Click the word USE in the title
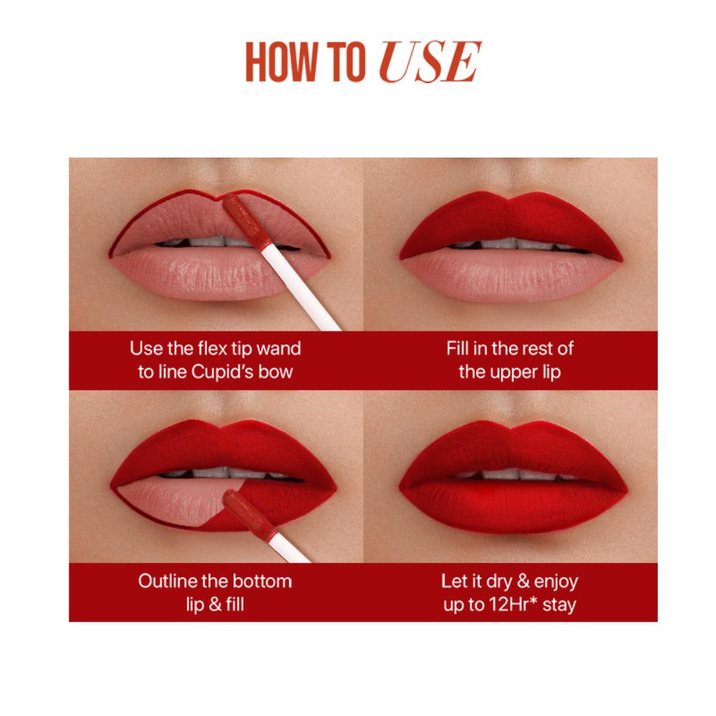point(430,62)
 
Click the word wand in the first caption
point(279,349)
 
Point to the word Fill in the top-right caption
point(458,349)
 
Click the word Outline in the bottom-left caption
point(168,581)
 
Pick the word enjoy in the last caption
point(556,582)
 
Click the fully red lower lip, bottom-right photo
point(513,505)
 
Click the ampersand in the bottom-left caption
point(215,604)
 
